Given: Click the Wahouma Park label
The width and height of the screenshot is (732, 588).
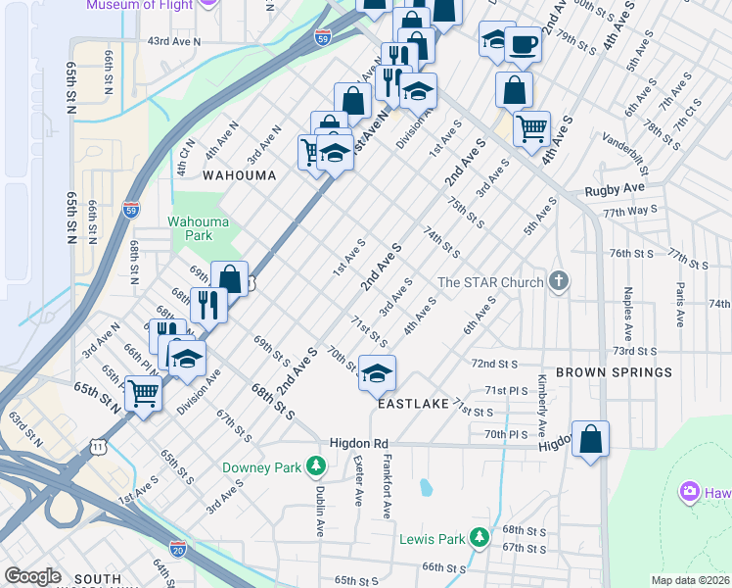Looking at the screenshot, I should click(190, 228).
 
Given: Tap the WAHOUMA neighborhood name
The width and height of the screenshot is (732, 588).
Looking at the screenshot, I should click(239, 175).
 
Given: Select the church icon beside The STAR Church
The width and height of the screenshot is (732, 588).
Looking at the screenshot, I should click(559, 282).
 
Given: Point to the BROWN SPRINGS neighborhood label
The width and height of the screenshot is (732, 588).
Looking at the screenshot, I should click(614, 373).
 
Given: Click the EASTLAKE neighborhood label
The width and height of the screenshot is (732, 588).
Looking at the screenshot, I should click(410, 404).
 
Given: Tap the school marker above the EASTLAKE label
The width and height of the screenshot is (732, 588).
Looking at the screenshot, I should click(377, 373).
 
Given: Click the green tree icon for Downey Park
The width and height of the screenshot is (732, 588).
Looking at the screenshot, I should click(314, 465).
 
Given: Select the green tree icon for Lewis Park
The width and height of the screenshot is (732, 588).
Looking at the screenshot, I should click(479, 537).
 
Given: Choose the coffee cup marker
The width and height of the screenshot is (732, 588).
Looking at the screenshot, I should click(523, 44).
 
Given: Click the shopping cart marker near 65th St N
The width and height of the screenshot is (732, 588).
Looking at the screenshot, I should click(144, 394).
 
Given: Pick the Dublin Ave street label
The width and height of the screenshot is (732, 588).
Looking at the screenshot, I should click(320, 513).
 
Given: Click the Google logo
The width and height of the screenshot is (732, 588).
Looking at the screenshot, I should click(33, 576).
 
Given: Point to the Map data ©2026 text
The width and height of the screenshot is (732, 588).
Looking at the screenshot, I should click(689, 579).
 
